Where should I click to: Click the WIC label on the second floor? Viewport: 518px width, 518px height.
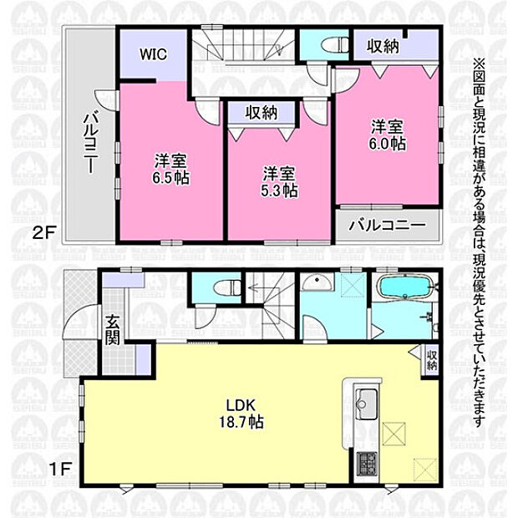coord(153,54)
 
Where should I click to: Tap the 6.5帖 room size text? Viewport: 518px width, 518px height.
coord(170,178)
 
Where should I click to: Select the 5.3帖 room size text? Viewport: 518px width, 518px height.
coord(280,191)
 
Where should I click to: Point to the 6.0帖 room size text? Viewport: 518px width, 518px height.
coord(388,144)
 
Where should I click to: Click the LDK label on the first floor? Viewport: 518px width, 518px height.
coord(241,405)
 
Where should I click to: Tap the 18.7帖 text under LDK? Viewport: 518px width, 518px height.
coord(241,422)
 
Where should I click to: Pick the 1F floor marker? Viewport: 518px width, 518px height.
coord(61,469)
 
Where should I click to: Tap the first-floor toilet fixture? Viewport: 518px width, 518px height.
coord(228,287)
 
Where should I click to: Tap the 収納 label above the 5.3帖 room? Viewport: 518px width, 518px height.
coord(261,113)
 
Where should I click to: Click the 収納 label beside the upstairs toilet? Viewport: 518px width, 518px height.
coord(383,46)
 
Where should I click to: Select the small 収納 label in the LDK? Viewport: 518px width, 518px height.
coord(432,360)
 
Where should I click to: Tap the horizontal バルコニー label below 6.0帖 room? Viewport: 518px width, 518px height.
coord(388,226)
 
